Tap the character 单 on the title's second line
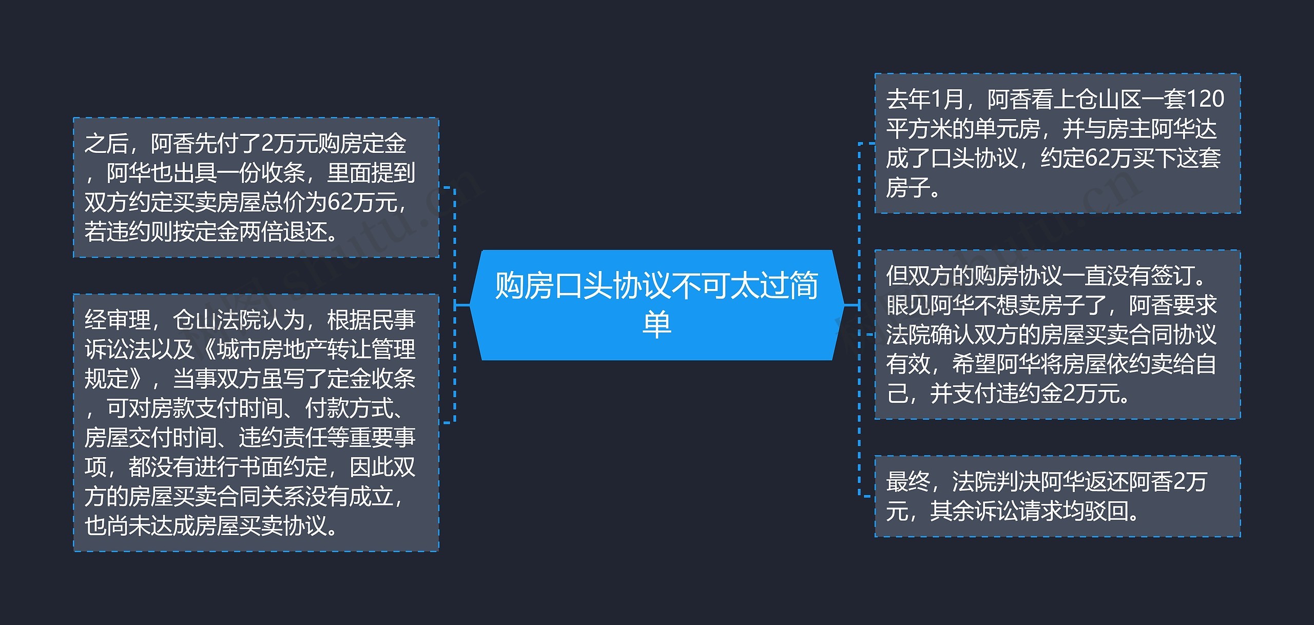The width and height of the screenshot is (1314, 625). pos(656,324)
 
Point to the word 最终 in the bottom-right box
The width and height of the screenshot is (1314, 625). pos(908,482)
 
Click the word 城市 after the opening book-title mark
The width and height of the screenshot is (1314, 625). pos(238,349)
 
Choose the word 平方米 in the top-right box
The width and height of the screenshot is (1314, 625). pos(919,129)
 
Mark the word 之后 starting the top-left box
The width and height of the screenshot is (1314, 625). pos(106,144)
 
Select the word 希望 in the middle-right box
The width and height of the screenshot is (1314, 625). pos(974,364)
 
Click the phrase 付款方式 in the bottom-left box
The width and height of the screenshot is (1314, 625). pos(349,408)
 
